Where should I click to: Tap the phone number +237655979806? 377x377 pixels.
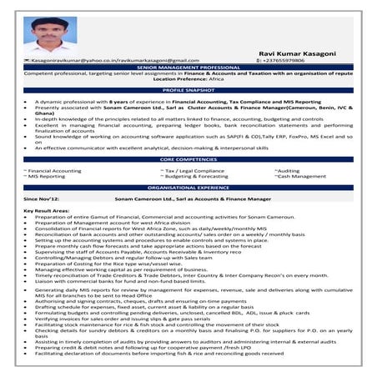click(287, 61)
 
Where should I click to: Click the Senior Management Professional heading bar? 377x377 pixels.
click(188, 67)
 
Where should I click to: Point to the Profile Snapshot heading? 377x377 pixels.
click(188, 88)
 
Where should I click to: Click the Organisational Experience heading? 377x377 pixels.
click(188, 188)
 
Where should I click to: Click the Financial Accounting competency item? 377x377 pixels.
click(55, 169)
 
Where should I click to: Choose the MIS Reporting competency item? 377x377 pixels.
click(48, 176)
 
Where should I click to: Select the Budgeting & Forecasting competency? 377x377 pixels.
click(197, 176)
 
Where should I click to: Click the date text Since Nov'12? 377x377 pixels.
click(42, 200)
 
